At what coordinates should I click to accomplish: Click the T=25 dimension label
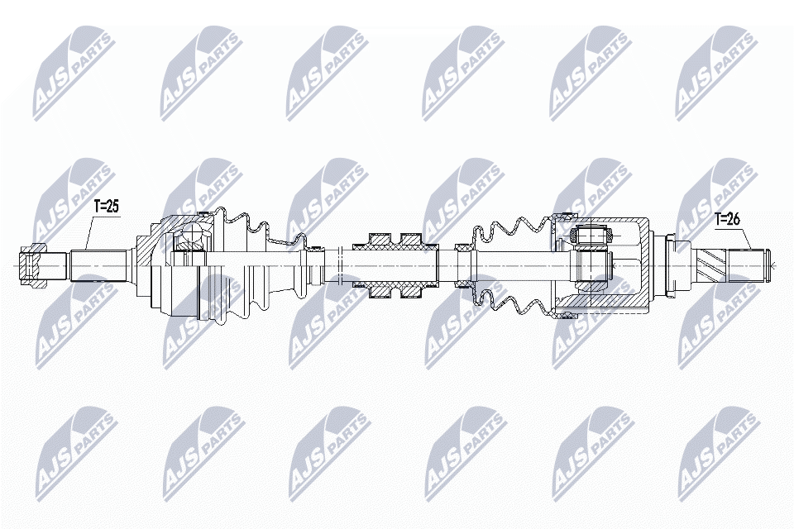pyautogui.click(x=107, y=207)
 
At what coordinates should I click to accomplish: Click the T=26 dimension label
pyautogui.click(x=727, y=219)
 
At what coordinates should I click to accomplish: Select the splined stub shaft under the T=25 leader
pyautogui.click(x=98, y=265)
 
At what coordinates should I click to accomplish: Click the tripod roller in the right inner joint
pyautogui.click(x=591, y=236)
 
